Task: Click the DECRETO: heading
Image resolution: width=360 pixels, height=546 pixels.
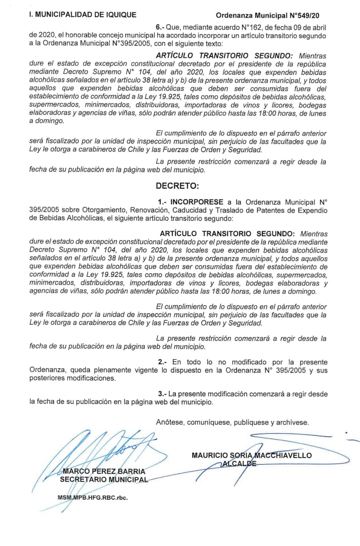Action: click(177, 186)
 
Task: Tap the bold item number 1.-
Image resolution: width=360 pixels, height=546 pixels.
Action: click(163, 201)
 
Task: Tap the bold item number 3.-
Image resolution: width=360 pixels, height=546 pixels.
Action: click(162, 393)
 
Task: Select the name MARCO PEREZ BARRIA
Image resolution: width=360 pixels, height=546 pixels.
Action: click(104, 472)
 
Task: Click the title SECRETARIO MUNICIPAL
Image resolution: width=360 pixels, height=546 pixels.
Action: click(104, 479)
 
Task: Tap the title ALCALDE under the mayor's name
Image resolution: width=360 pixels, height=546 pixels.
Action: click(238, 464)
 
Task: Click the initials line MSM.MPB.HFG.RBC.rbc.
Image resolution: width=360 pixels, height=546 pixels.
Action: click(93, 497)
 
